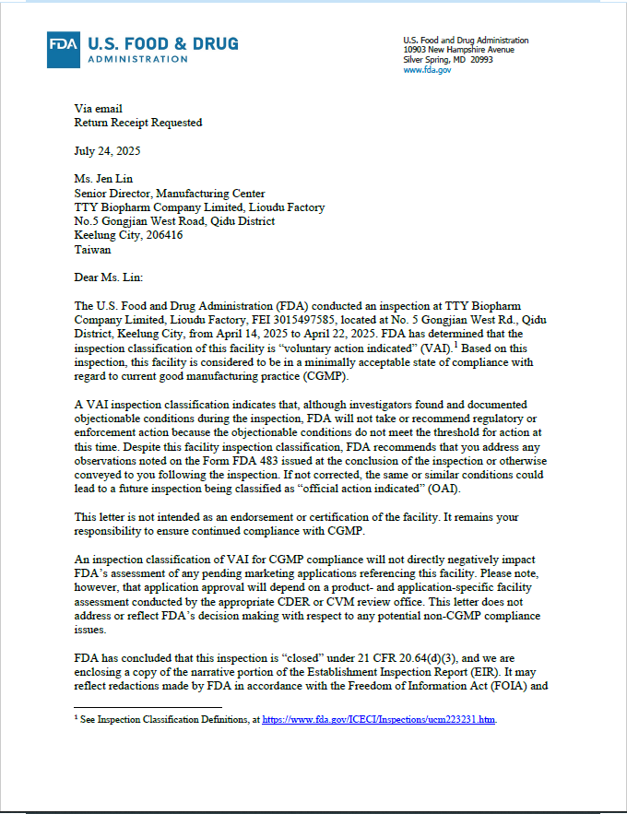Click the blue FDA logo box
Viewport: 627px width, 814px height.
(x=65, y=50)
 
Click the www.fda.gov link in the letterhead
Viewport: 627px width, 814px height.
(x=427, y=70)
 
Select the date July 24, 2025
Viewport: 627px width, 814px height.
(x=107, y=150)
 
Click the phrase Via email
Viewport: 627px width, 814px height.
(x=98, y=109)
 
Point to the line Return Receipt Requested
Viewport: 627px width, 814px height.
(x=137, y=123)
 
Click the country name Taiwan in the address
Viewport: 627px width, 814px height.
(x=92, y=249)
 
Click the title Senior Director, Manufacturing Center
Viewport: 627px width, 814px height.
(x=170, y=194)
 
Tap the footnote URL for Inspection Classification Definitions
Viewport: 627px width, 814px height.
(x=379, y=719)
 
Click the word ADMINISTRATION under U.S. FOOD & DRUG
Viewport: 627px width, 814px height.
(x=137, y=59)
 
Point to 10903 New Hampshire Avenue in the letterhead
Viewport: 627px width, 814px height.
(x=459, y=50)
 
